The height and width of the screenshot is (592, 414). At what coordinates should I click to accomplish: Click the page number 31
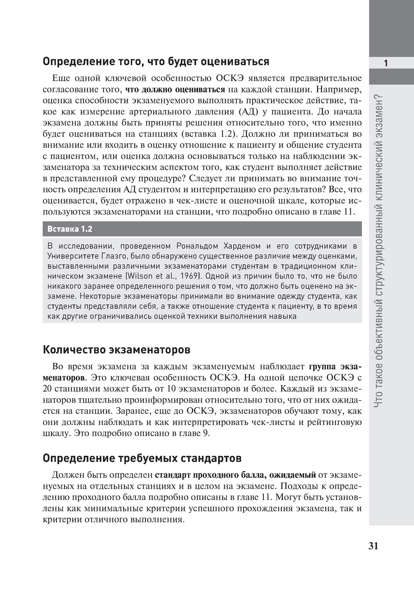[x=373, y=546]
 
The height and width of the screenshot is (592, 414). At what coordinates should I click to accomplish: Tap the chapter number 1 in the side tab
[x=385, y=63]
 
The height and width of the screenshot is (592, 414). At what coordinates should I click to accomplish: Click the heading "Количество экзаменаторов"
[x=116, y=350]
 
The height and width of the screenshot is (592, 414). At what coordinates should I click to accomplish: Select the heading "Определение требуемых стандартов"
[x=142, y=458]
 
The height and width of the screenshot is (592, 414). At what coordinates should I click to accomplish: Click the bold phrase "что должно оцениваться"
[x=175, y=89]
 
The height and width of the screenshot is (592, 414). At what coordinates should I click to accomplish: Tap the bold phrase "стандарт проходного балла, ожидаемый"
[x=236, y=475]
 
